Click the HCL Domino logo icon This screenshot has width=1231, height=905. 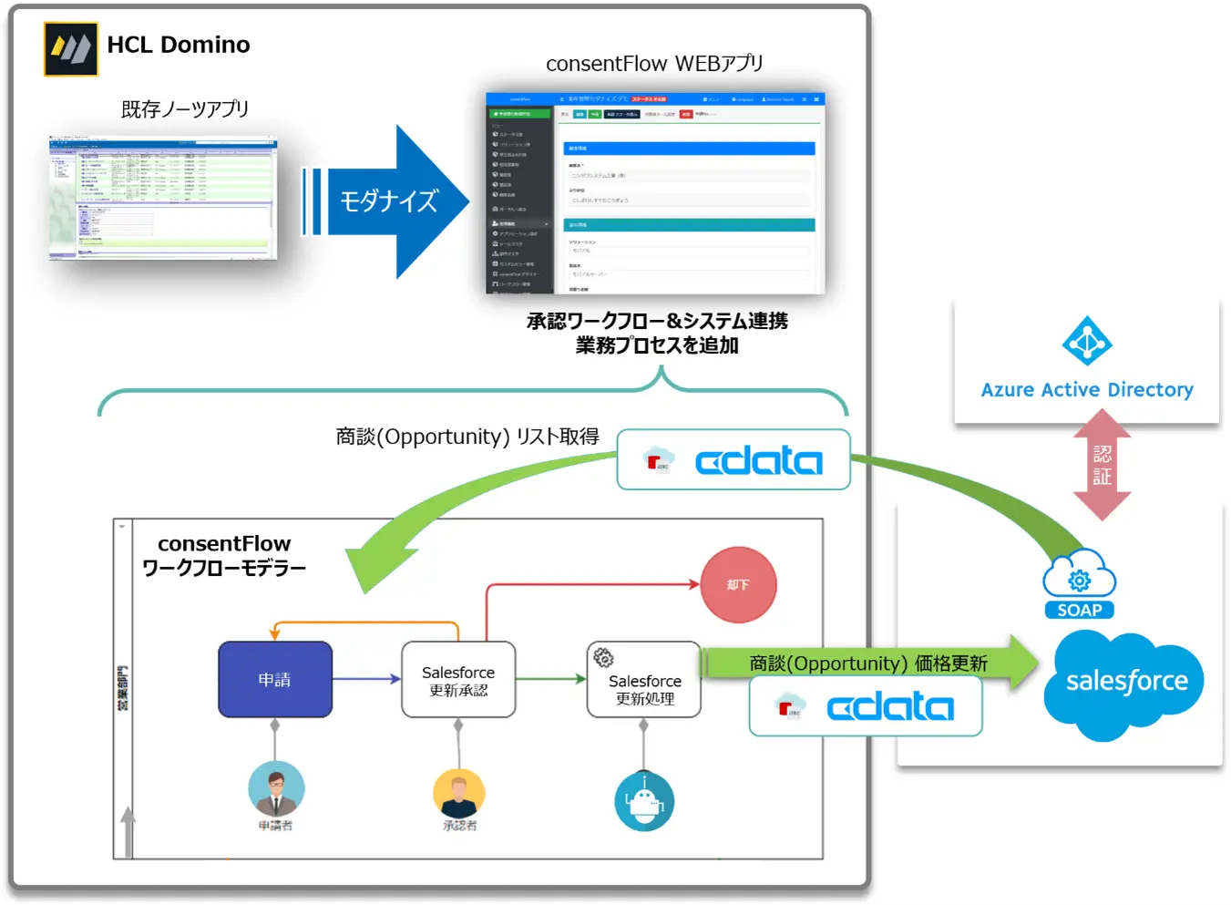pos(70,49)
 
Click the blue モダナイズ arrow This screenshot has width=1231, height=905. pos(389,201)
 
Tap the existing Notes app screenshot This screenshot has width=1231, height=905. pos(162,198)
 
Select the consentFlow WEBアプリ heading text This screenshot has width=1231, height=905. pos(654,64)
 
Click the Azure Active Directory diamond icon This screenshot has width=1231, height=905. pos(1086,342)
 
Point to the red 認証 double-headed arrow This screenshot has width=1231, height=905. pos(1102,465)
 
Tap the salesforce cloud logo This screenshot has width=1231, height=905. pos(1126,684)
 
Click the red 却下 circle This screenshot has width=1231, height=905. pos(738,585)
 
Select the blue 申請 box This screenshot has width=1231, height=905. pos(275,680)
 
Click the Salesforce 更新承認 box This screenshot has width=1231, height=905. pos(458,680)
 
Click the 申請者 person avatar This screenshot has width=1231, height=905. pos(276,788)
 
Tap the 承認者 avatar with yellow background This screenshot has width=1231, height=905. pos(459,792)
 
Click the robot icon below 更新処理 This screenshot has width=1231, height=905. pos(644,801)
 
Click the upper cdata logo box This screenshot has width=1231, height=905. pos(733,460)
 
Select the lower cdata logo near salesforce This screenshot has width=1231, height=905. pos(865,706)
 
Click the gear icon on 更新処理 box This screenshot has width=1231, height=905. pos(603,657)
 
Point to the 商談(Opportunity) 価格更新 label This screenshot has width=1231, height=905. pos(867,663)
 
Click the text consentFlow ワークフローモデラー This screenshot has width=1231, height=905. pos(224,555)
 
